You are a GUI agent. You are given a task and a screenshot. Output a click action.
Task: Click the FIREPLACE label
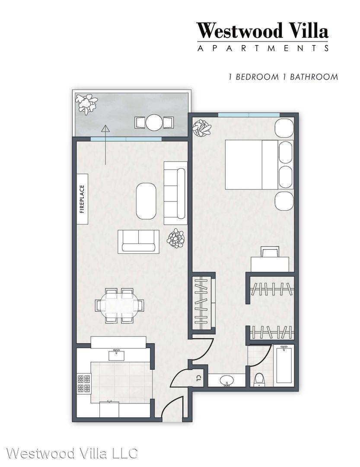(x=82, y=199)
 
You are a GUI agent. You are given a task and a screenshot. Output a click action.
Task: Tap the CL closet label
(x=198, y=378)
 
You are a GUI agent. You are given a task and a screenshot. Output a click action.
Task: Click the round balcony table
(x=154, y=122)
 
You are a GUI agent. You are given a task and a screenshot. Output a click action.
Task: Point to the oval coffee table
(x=146, y=201)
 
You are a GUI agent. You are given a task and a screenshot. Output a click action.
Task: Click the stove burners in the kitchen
(x=84, y=384)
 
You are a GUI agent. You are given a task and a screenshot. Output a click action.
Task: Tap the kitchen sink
(x=116, y=355)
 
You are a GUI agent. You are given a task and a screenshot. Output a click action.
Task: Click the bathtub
(x=284, y=364)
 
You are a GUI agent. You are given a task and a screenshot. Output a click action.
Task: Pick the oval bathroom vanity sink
(x=227, y=380)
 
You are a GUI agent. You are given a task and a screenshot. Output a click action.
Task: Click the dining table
(x=119, y=306)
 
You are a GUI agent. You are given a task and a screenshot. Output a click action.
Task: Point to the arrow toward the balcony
(x=105, y=145)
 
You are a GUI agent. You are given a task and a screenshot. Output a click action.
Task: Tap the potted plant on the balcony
(x=86, y=103)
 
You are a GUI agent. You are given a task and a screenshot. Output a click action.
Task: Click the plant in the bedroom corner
(x=202, y=128)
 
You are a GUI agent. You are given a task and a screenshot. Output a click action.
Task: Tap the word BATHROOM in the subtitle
(x=314, y=77)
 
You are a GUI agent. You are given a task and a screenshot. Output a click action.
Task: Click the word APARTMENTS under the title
(x=263, y=48)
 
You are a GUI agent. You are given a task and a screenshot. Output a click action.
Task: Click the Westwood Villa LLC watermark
(x=72, y=453)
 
